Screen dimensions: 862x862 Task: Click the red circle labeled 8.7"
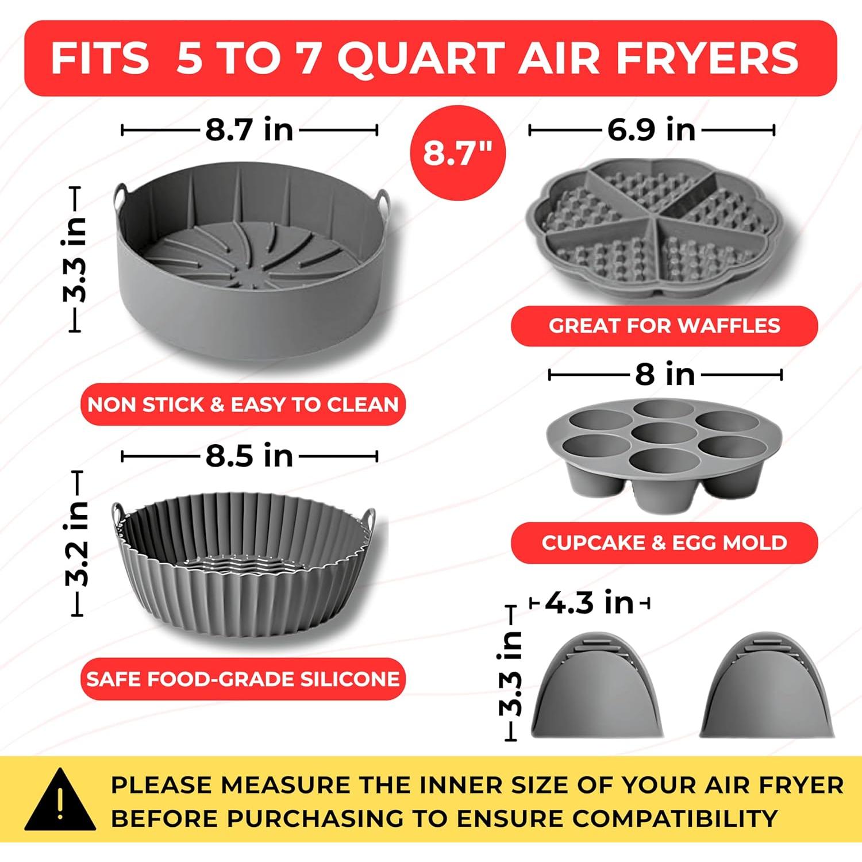tap(457, 153)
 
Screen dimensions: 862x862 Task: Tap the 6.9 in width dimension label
tap(651, 129)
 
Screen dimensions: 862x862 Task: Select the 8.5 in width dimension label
tap(249, 456)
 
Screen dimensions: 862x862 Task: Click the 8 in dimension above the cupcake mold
tap(665, 375)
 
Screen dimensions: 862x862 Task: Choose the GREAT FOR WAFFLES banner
tap(664, 326)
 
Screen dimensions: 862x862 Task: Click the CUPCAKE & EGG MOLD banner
tap(664, 542)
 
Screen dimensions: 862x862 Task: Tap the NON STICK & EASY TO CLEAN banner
tap(243, 405)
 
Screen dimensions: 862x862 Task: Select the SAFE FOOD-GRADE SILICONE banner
tap(243, 679)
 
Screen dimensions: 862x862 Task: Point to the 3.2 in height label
tap(77, 543)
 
